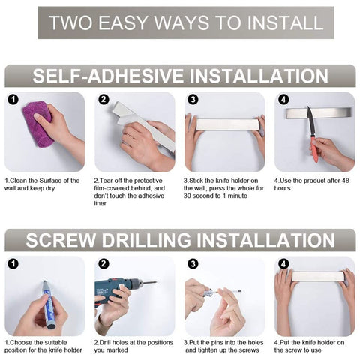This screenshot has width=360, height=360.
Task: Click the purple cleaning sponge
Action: click(38, 124)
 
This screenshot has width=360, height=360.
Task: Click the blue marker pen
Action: click(48, 304)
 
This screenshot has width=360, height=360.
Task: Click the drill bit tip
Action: click(156, 282)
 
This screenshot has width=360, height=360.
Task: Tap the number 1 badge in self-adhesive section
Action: click(13, 100)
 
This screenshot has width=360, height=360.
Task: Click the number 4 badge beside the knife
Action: click(283, 100)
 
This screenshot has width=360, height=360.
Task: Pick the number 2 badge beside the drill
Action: click(103, 263)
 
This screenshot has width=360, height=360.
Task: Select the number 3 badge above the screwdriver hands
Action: click(193, 263)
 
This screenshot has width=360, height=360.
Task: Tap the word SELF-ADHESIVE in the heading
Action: click(108, 76)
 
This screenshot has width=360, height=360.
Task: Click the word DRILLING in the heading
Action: click(146, 240)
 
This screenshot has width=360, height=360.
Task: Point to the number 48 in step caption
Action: click(345, 181)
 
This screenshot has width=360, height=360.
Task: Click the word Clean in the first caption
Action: click(18, 181)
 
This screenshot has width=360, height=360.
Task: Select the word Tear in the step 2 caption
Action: click(105, 181)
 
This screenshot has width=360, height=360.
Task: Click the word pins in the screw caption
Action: click(217, 343)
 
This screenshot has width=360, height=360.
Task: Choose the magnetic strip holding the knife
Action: click(319, 112)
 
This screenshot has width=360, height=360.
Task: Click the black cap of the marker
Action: click(51, 325)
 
